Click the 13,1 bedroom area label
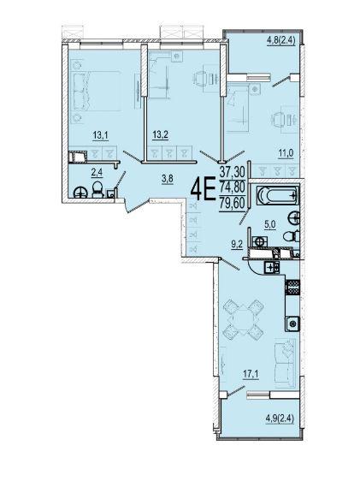[x=101, y=135]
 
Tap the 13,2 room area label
[x=160, y=135]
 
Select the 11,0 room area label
[x=286, y=153]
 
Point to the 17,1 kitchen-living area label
[x=251, y=374]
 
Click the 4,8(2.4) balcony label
[x=280, y=40]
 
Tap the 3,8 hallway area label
[x=168, y=179]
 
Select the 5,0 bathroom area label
[x=269, y=224]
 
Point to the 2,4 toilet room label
[x=97, y=173]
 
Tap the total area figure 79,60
[x=232, y=204]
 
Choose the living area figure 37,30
[x=232, y=171]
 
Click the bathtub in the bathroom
[x=278, y=196]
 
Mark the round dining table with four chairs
[x=244, y=319]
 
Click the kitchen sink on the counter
[x=292, y=324]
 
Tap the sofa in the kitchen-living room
[x=286, y=363]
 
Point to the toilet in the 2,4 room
[x=97, y=190]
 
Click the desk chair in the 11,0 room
[x=280, y=119]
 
